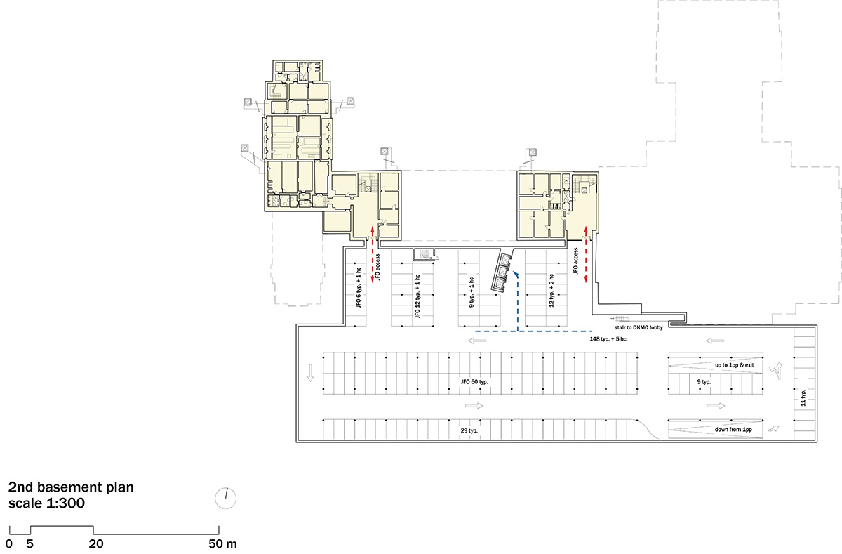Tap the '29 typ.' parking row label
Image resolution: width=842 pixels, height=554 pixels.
[x=469, y=430]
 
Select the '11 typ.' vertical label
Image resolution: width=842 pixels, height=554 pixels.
[x=803, y=400]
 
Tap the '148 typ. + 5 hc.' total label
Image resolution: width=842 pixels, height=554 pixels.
[x=615, y=338]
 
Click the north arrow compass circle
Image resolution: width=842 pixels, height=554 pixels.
[x=225, y=498]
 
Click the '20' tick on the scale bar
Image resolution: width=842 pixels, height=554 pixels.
[x=96, y=543]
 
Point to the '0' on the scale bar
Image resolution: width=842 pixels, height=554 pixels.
[x=9, y=543]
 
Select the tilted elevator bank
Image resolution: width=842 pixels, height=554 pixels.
[x=502, y=273]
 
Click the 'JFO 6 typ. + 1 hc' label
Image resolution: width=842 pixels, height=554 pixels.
[x=359, y=289]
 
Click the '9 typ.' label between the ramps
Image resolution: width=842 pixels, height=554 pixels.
[x=703, y=382]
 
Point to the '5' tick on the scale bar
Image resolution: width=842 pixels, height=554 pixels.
[x=29, y=543]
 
